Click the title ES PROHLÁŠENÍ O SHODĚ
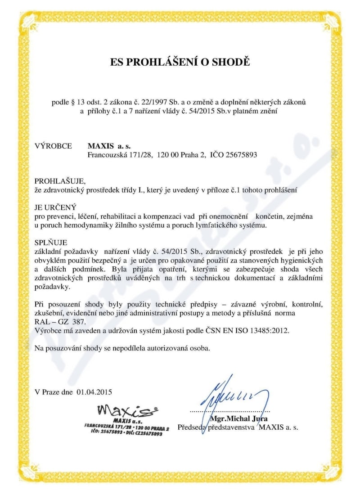[180, 62]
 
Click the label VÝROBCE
[53, 146]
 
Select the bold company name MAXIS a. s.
[106, 146]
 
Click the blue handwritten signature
[234, 396]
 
